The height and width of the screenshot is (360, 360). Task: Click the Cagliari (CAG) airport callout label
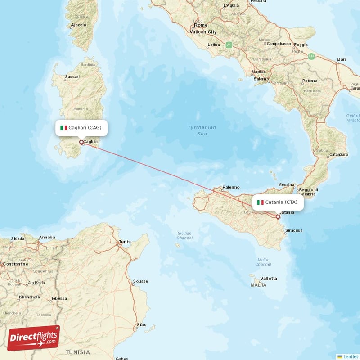point(82,128)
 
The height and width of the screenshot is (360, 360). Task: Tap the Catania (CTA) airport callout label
point(278,202)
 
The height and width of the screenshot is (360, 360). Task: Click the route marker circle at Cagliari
point(81,143)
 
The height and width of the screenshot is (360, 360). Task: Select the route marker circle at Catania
point(278,217)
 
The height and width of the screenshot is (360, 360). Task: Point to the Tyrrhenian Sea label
point(202,130)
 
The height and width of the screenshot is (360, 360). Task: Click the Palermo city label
point(231,187)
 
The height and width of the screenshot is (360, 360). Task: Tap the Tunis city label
point(125,242)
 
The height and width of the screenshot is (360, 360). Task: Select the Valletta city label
point(269,278)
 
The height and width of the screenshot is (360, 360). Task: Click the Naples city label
point(259,72)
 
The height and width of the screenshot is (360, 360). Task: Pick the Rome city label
point(201,25)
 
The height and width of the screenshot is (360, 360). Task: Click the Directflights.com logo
point(34,337)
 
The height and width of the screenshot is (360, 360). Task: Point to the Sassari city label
point(72,77)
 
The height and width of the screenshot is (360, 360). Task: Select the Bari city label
point(342,59)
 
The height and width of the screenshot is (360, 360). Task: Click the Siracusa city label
point(293,230)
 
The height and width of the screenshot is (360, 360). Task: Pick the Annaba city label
point(47,237)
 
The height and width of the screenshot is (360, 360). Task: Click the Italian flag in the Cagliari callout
point(64,128)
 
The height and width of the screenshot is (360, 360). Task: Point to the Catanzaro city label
point(338,154)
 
